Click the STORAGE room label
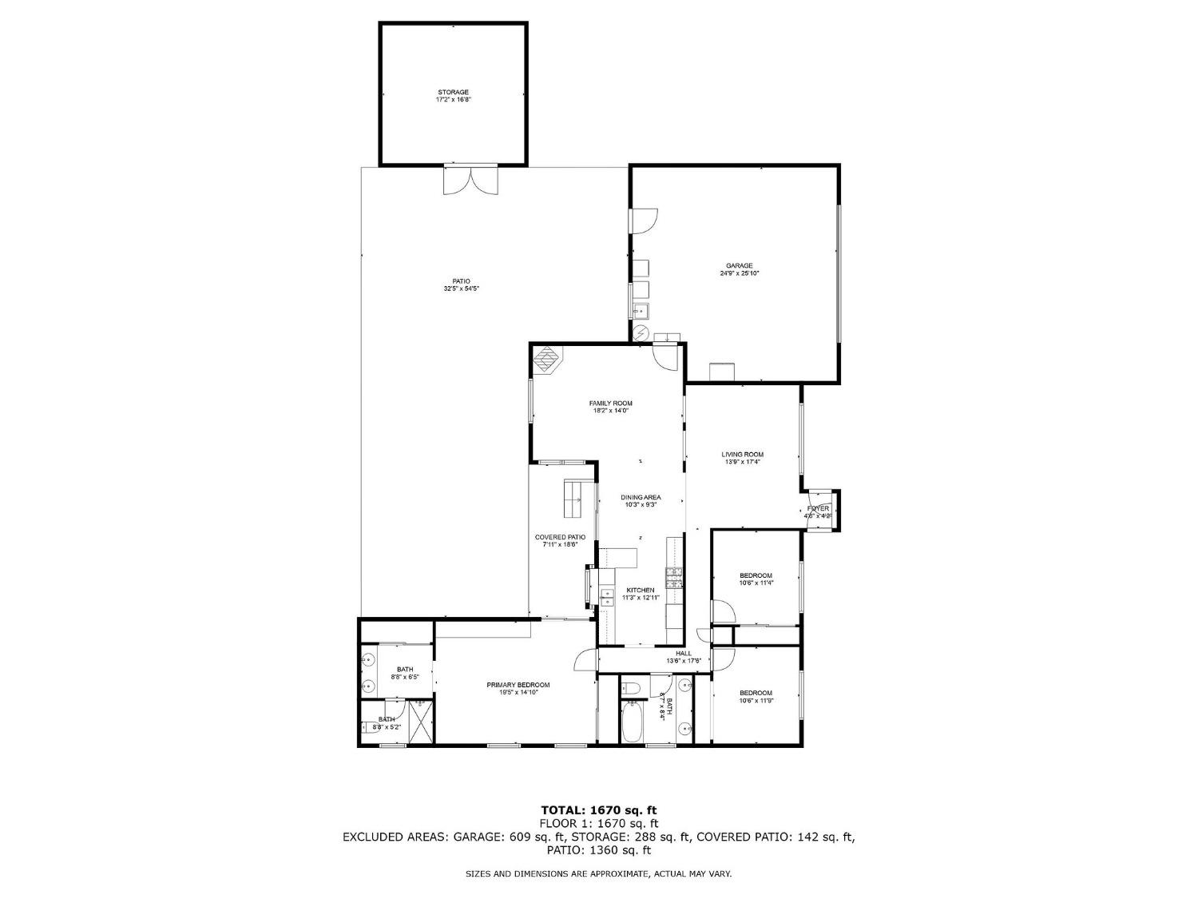point(453,92)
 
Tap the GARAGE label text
point(739,266)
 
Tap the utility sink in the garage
point(641,310)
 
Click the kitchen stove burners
point(675,578)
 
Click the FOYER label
point(818,508)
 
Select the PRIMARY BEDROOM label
point(518,685)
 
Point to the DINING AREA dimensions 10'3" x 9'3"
point(641,505)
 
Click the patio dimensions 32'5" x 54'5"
point(461,288)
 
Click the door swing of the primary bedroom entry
point(585,660)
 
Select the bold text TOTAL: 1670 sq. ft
point(598,810)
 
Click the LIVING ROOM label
point(742,454)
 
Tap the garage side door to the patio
point(644,221)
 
